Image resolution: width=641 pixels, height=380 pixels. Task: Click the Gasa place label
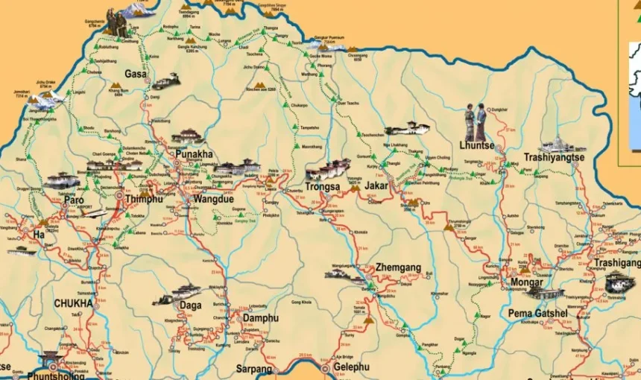[135, 74]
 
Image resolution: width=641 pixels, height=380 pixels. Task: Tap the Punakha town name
[194, 154]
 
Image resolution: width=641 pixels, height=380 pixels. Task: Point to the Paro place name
[74, 200]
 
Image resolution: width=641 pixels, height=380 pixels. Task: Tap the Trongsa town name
[323, 187]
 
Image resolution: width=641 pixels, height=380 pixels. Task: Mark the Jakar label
[376, 184]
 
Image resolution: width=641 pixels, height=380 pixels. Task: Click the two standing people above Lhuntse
[476, 122]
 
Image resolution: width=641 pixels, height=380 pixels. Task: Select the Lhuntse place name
[477, 146]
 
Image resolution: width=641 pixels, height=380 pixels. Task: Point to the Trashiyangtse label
[554, 157]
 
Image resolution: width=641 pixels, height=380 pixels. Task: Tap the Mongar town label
[526, 282]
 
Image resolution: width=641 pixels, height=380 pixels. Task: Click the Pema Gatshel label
[537, 313]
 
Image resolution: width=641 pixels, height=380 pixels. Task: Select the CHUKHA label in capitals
[73, 303]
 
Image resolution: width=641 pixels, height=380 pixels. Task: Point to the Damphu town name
[260, 318]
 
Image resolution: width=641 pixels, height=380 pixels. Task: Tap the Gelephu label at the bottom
[350, 367]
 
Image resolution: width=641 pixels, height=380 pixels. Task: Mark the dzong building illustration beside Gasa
[166, 80]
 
